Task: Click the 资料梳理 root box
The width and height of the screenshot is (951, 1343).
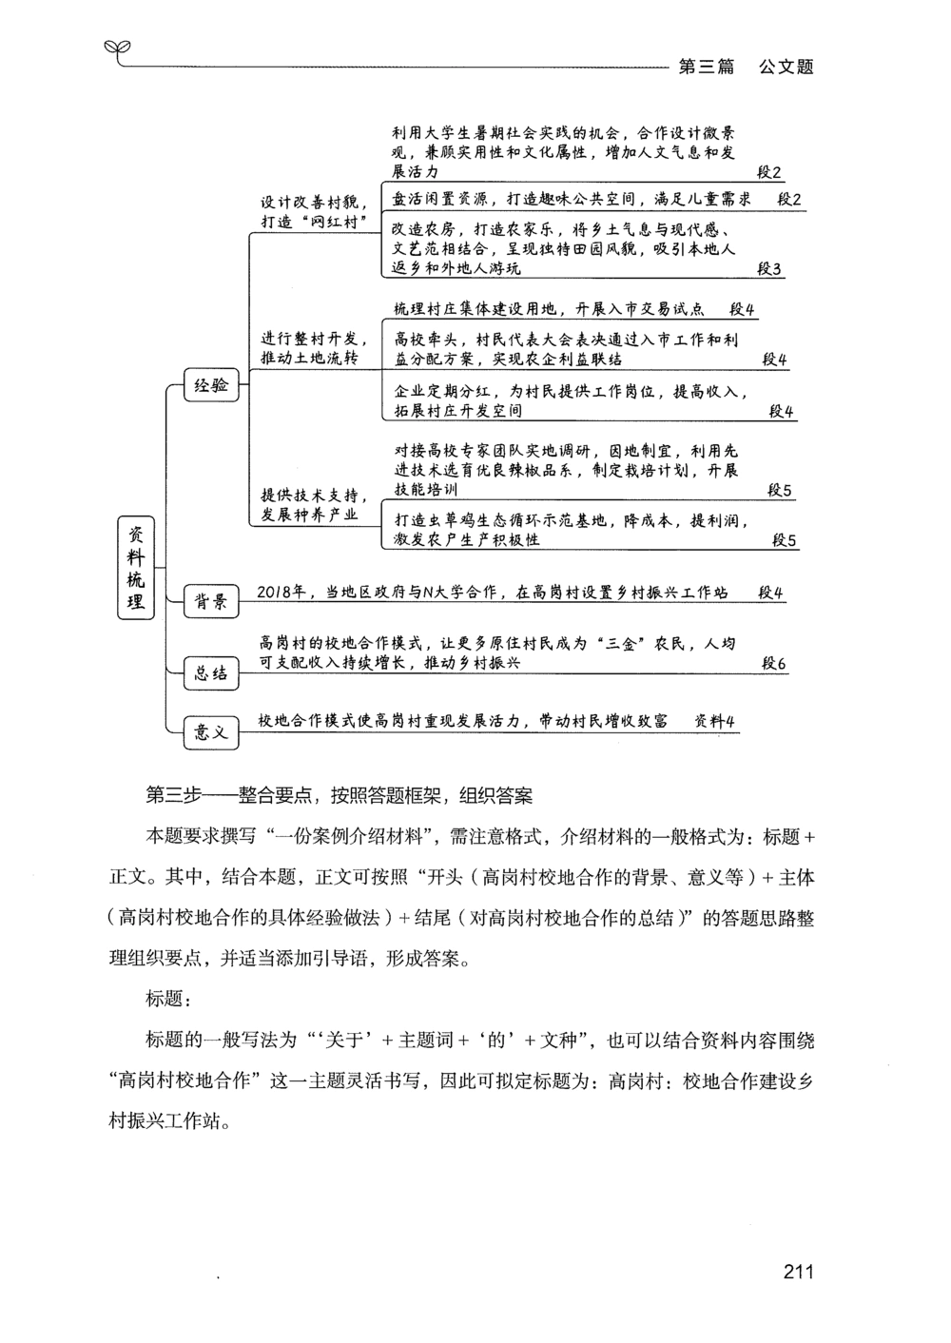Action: coord(136,568)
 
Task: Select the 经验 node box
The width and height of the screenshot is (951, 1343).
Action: coord(211,386)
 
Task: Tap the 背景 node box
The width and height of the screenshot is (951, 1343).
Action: coord(210,601)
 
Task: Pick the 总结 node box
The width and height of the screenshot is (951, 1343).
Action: coord(210,673)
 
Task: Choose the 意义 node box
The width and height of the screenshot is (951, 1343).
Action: coord(210,731)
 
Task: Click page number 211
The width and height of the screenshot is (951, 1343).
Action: coord(798,1273)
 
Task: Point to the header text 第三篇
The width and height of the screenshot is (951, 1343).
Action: coord(706,67)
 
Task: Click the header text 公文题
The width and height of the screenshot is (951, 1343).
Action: coord(786,67)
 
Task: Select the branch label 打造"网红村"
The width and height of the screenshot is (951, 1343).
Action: coord(314,222)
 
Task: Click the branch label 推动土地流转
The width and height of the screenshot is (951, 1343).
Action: coord(309,358)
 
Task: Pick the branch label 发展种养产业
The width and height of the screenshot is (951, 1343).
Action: coord(309,515)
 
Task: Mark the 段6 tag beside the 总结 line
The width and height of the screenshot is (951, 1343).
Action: coord(773,664)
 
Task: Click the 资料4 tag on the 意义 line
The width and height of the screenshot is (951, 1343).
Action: coord(715,721)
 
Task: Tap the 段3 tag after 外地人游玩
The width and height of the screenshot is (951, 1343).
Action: coord(769,269)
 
